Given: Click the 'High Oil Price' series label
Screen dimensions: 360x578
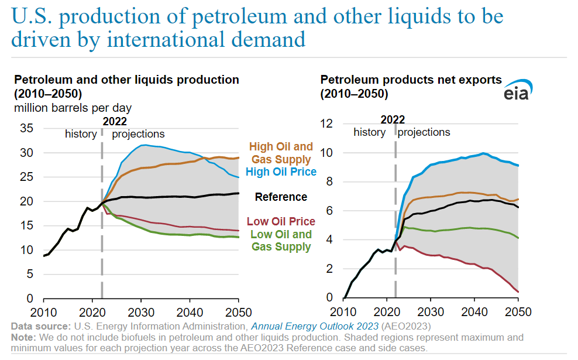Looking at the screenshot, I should pos(281,172).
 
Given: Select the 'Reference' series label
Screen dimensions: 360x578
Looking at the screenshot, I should pos(281,197).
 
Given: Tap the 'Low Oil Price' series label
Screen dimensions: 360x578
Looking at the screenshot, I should pos(281,222).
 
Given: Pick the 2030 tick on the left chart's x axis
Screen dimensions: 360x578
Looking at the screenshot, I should pos(141,311).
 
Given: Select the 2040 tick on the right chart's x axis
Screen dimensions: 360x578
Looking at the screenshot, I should pos(474,311).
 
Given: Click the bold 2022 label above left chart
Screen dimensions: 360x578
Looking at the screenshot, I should pos(115,121).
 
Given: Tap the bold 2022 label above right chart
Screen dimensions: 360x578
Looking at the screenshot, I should pos(393,119).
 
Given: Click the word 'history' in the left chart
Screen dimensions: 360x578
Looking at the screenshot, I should pos(81,134).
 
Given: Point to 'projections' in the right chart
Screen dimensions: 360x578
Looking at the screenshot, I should pos(424,132).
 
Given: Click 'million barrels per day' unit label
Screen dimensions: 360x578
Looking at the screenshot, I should pos(73,108).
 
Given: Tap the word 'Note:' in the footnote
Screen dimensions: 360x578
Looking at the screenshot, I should pos(22,338).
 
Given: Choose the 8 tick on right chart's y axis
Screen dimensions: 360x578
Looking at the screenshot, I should pos(329,182).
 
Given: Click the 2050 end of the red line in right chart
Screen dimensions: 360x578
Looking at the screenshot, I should pos(518,292).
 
